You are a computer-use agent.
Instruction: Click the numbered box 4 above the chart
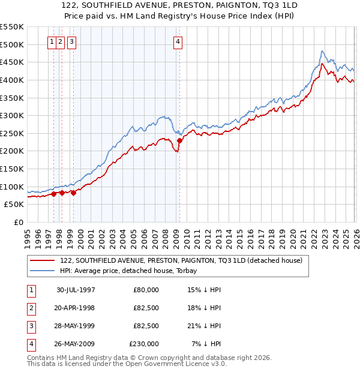(x=179, y=41)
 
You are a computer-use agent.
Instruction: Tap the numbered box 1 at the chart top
(x=53, y=41)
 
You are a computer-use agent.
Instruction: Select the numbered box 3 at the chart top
(x=71, y=41)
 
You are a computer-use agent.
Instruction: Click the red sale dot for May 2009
(x=179, y=140)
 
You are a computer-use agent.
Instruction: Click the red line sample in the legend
(x=43, y=260)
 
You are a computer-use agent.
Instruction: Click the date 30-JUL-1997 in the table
(x=76, y=290)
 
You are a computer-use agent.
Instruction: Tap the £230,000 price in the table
(x=144, y=344)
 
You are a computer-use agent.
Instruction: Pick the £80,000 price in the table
(x=146, y=290)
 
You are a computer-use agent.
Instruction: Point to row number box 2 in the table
(x=31, y=308)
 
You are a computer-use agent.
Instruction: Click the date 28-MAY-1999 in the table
(x=76, y=326)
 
